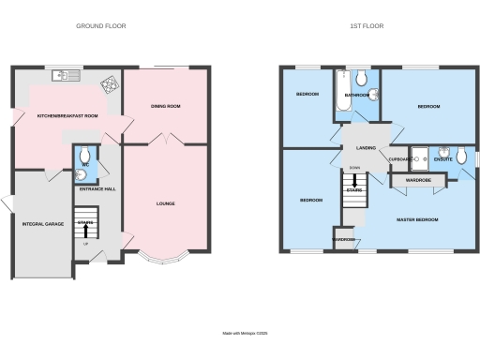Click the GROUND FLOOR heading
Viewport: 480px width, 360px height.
pos(101,26)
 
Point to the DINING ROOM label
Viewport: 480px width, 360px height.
pos(165,107)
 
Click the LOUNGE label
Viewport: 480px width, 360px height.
pos(165,203)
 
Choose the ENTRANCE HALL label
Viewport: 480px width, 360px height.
pos(97,189)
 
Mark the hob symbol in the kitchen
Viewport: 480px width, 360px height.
pos(111,84)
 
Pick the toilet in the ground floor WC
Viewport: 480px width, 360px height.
pos(85,155)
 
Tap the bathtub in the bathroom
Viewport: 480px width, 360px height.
pos(339,97)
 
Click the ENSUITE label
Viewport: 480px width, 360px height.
pos(443,159)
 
